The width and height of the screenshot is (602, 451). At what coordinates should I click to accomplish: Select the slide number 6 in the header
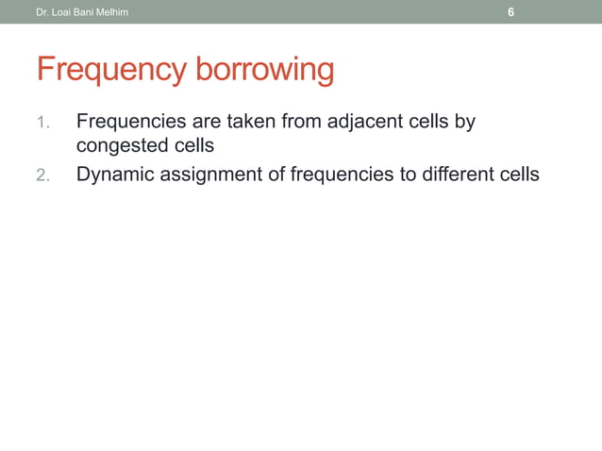[510, 12]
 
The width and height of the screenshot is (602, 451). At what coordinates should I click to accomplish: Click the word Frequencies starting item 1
[130, 123]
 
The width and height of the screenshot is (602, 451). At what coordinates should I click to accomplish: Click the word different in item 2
[457, 175]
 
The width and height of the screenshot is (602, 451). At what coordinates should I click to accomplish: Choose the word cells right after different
[518, 175]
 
